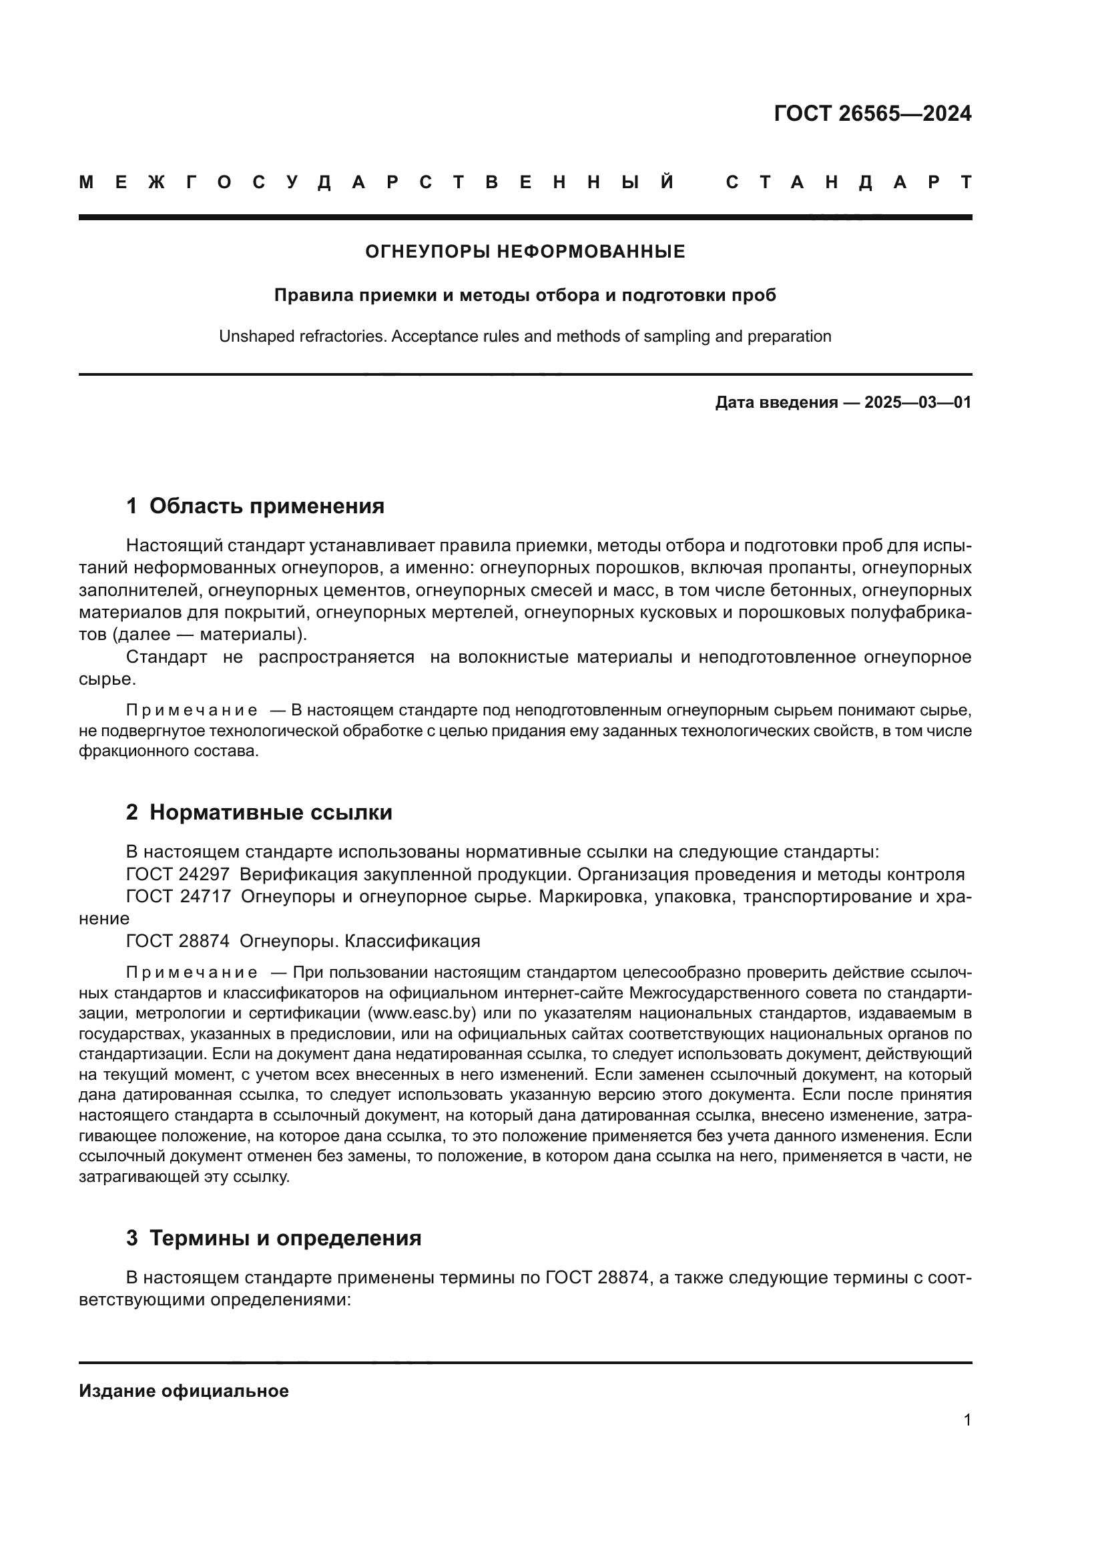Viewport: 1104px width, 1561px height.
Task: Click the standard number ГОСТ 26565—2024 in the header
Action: tap(872, 113)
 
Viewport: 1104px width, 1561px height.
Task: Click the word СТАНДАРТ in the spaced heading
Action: tap(848, 182)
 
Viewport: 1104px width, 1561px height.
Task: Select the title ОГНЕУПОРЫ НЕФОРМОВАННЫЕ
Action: tap(525, 252)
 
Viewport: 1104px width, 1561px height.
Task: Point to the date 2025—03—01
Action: tap(918, 402)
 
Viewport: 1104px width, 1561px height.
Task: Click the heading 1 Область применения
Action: tap(255, 506)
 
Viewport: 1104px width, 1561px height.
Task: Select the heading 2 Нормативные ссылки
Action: tap(259, 812)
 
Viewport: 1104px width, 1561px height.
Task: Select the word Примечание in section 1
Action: tap(192, 711)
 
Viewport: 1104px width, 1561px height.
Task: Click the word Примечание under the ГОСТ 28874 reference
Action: tap(192, 973)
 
